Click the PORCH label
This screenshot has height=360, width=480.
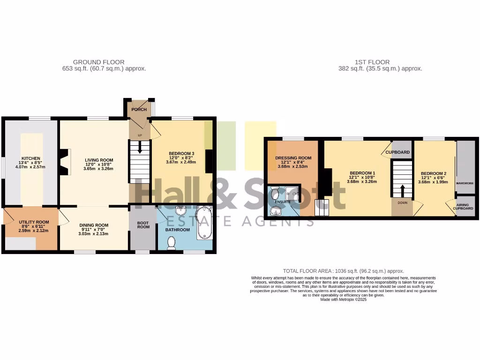point(139,110)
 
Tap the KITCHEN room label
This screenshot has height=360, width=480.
point(30,158)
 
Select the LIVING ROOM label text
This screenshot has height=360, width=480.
point(98,160)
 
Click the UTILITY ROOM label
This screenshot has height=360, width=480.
point(34,222)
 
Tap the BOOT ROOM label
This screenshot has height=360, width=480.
point(143,225)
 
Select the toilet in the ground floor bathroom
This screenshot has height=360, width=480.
point(171,242)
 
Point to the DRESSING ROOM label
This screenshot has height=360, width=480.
point(293,158)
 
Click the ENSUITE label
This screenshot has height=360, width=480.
point(283,202)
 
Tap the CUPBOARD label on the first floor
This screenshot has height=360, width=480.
point(397,152)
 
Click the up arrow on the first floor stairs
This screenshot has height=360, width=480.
point(402,190)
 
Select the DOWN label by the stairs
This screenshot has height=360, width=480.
point(402,203)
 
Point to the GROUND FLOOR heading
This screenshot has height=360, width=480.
point(99,62)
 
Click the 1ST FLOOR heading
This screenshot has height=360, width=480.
point(372,62)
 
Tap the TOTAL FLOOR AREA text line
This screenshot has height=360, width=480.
point(343,271)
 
